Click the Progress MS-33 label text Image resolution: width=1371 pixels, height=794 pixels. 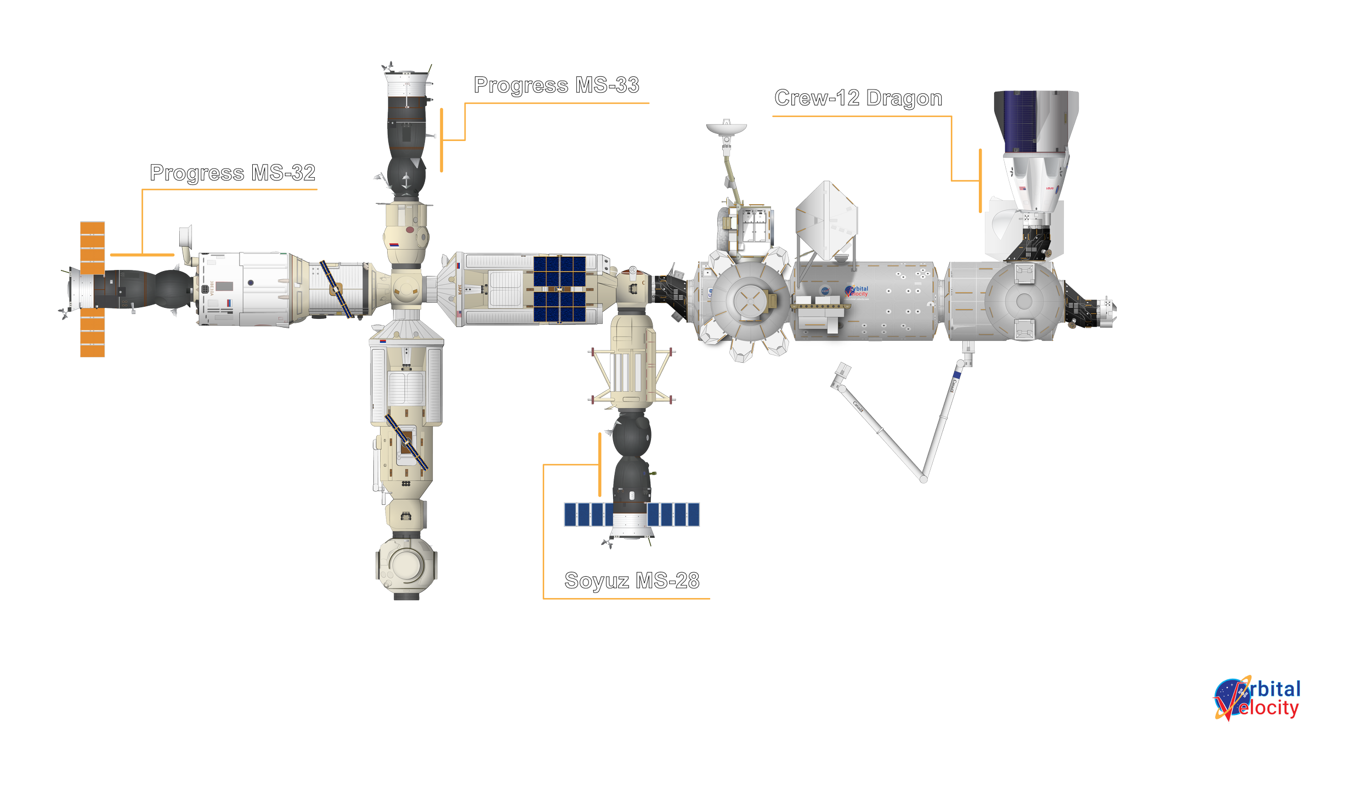point(556,85)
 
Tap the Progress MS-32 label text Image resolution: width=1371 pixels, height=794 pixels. point(233,173)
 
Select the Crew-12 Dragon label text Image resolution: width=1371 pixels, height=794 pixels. point(858,98)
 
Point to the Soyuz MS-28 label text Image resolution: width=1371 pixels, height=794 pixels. point(632,581)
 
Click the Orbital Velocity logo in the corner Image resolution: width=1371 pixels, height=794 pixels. point(1256,699)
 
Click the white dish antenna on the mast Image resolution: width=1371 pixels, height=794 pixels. point(726,128)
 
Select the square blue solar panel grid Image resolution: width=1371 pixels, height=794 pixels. point(559,289)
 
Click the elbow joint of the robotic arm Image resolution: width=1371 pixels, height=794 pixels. point(924,480)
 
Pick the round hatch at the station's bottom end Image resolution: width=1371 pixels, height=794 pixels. point(406,564)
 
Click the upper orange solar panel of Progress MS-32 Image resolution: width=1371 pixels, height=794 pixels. point(92,247)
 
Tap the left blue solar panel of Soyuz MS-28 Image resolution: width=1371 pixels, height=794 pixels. point(587,515)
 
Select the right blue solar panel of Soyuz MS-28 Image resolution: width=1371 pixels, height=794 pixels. point(673,515)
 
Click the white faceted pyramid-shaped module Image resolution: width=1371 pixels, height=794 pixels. point(826,219)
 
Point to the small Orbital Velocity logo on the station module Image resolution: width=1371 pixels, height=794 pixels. point(857,291)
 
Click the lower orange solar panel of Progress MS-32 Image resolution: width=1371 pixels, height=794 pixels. point(92,333)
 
